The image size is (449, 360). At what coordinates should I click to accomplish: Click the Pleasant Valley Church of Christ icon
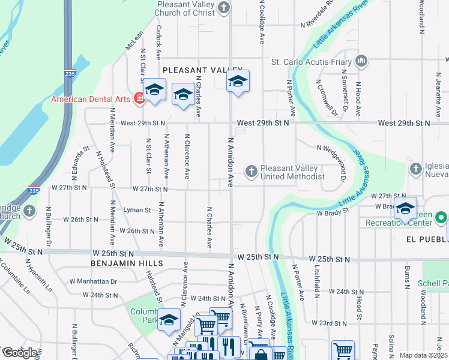click(224, 8)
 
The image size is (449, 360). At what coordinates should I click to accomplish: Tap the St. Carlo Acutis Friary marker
click(361, 61)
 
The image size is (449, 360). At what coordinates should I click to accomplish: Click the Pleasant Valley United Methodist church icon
click(251, 172)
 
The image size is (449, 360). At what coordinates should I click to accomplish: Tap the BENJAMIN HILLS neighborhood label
click(127, 263)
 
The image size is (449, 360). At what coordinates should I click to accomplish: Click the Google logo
click(20, 353)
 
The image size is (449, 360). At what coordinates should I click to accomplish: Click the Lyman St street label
click(138, 210)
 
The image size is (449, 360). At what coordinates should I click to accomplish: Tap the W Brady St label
click(333, 212)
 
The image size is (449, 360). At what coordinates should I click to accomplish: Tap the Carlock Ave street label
click(159, 43)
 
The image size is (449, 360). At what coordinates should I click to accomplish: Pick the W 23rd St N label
click(329, 323)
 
